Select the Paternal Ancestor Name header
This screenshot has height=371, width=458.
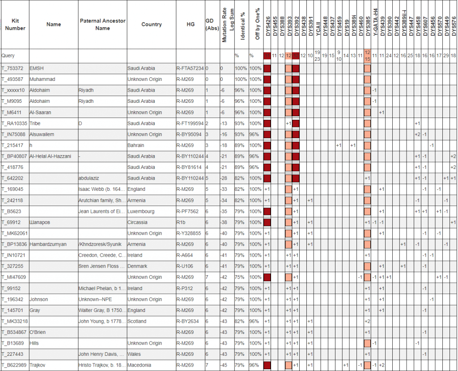[102, 25]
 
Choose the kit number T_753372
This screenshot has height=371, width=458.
[14, 68]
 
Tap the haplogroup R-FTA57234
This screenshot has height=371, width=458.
[190, 68]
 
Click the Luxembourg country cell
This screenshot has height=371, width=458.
[141, 211]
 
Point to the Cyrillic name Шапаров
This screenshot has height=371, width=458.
[41, 222]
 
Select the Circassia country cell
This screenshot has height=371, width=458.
[138, 222]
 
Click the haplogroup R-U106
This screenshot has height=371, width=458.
[185, 266]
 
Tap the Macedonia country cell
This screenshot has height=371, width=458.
[140, 365]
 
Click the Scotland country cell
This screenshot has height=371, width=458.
[137, 321]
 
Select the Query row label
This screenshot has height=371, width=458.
[8, 56]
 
